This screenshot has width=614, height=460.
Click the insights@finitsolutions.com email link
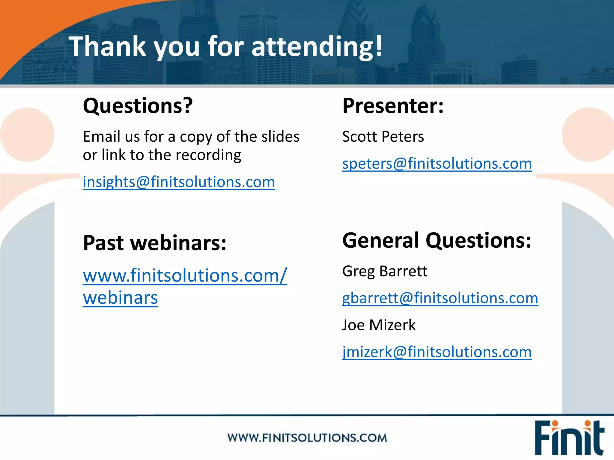click(179, 182)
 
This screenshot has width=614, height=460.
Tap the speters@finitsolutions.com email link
click(437, 164)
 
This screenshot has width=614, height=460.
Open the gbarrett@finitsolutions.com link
click(440, 298)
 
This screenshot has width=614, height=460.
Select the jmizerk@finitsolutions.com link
click(437, 352)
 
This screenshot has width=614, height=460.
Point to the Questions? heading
click(138, 106)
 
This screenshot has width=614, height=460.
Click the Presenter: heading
click(393, 106)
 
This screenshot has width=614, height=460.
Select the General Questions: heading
click(437, 240)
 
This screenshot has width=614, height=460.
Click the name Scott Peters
click(383, 137)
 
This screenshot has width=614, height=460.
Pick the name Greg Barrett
click(384, 271)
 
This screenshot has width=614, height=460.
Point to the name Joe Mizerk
click(379, 325)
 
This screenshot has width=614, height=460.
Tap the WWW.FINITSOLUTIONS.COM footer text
click(307, 438)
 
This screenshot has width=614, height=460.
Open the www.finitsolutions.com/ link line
click(185, 276)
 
